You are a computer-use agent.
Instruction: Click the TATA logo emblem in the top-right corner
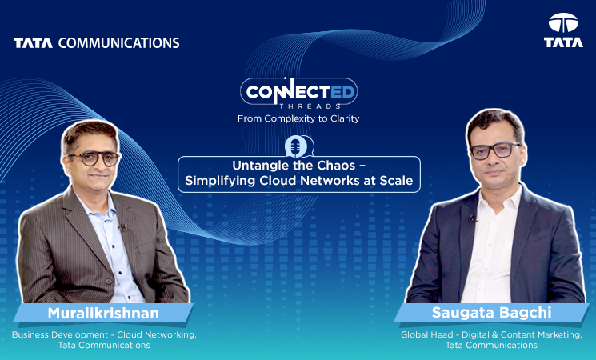coord(563,24)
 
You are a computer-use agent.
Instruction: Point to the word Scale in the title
coord(396,182)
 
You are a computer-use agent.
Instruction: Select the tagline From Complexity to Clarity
coord(298,118)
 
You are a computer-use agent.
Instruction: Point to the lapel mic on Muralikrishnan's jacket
coord(122,227)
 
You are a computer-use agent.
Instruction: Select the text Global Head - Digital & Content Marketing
coord(491,334)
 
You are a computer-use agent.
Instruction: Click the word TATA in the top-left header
coord(32,42)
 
